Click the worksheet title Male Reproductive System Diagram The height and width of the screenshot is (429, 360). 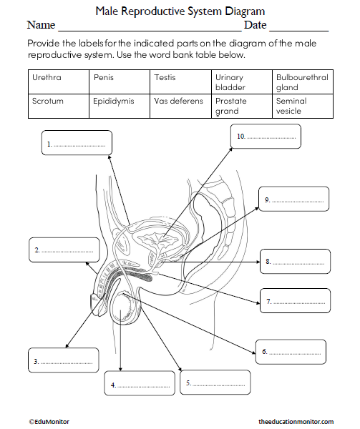tap(180, 11)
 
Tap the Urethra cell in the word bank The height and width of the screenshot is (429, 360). tap(59, 81)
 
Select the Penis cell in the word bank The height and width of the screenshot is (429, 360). tap(120, 81)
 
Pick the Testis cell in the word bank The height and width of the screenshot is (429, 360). tap(180, 81)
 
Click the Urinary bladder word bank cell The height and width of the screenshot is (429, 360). tap(241, 82)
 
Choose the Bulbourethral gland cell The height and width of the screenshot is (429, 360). tap(303, 82)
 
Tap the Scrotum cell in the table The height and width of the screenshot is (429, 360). tap(59, 106)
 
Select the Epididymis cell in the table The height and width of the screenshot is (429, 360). tap(120, 106)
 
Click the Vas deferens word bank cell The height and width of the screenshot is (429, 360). tap(180, 106)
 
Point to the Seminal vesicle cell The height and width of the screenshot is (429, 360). tap(303, 106)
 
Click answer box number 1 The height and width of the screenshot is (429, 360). tap(77, 143)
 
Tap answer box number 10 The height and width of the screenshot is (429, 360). tap(266, 136)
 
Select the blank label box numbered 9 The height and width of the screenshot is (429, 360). tap(294, 199)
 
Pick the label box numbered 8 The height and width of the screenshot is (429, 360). tap(295, 262)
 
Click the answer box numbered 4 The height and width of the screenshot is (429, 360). tap(140, 384)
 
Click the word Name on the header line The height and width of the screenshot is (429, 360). tap(41, 25)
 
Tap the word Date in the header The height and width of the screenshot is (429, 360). tap(256, 25)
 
